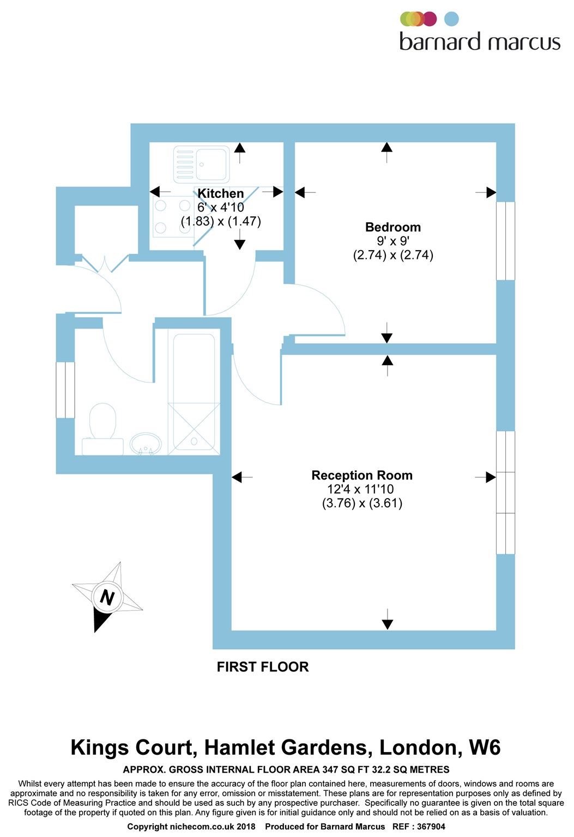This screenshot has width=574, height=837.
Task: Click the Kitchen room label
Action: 220,193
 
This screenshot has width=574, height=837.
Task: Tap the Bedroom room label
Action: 392,227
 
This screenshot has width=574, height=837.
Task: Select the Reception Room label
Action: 361,475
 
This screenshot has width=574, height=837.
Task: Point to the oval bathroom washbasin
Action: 146,444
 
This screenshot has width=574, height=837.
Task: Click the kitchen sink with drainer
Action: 201,164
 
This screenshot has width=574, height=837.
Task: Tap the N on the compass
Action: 107,597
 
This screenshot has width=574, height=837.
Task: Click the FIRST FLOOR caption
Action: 263,667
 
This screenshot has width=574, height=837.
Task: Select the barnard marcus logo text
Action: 480,42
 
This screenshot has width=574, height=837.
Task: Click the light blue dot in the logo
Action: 451,19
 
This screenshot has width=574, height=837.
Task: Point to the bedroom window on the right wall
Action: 505,241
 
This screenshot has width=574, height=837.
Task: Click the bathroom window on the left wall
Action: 65,390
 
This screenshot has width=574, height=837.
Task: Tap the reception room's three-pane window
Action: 505,493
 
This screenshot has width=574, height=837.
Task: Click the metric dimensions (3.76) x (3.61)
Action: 362,503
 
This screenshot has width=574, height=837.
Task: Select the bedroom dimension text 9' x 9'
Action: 392,241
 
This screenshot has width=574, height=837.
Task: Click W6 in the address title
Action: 484,748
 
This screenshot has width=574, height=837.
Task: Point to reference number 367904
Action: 431,827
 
